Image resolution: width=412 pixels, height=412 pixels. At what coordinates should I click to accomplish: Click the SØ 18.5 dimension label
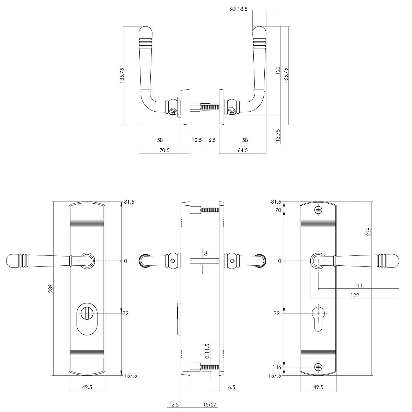point(238,9)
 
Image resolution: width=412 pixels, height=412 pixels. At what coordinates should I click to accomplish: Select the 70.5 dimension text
point(164,150)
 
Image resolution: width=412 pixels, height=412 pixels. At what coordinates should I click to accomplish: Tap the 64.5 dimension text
point(242,150)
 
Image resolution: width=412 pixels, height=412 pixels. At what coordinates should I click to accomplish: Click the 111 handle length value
point(358,285)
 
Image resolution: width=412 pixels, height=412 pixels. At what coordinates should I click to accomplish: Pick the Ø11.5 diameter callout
point(207,351)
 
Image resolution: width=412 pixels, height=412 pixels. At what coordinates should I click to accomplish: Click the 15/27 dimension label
point(209,399)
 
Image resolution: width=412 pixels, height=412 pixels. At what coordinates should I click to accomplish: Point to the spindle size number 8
point(206,253)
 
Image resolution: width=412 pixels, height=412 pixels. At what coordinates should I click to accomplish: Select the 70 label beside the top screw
point(278,210)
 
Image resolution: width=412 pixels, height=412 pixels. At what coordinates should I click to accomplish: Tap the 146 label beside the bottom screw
point(277,367)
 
